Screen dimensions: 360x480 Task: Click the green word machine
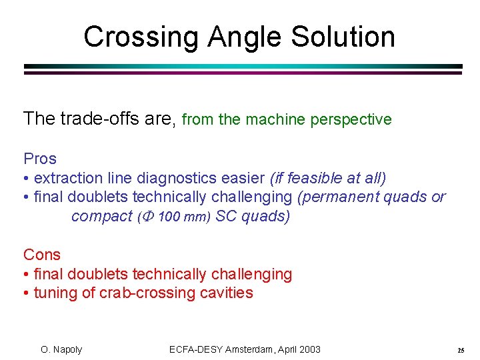(273, 120)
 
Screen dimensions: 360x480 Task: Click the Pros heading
(40, 159)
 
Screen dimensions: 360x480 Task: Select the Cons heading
(42, 255)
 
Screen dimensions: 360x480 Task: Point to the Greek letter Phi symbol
(148, 217)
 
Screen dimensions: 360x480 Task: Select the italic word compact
(101, 217)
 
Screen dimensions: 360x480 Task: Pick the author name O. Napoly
(61, 349)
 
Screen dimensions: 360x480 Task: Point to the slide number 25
(460, 350)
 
